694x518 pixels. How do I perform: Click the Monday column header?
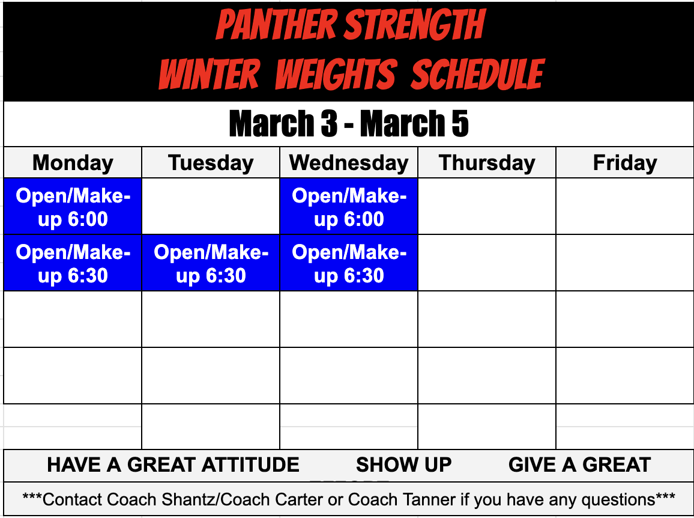click(73, 163)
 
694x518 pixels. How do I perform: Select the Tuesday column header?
click(211, 163)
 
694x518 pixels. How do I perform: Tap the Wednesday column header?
click(349, 163)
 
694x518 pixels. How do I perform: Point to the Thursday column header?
click(487, 163)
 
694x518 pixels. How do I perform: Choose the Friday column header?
click(625, 163)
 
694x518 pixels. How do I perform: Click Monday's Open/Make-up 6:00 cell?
click(73, 207)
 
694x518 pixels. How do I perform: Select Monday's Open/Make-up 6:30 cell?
click(73, 263)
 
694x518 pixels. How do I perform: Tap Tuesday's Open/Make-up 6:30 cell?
click(211, 263)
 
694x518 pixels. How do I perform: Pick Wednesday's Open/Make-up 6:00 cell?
click(349, 207)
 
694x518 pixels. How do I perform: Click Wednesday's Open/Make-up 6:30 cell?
click(349, 263)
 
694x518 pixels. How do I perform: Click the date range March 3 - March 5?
click(349, 124)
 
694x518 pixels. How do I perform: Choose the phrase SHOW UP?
click(403, 465)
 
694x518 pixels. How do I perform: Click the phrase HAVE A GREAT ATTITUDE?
click(173, 465)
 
